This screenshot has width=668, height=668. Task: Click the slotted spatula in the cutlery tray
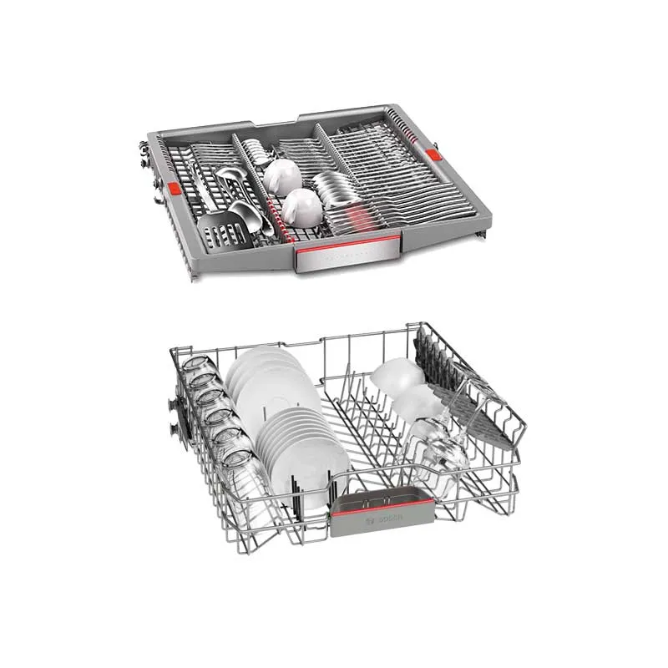pos(222,230)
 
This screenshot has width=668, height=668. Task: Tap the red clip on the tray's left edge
pos(174,189)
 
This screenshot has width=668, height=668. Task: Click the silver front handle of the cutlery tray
pos(347,255)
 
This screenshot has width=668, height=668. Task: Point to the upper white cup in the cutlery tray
pos(281,177)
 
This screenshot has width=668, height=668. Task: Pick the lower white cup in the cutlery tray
pos(301,208)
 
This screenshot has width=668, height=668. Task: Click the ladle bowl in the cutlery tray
pos(245,215)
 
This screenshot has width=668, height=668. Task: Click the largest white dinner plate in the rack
pos(277,396)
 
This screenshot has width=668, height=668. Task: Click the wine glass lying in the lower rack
pos(439,443)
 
